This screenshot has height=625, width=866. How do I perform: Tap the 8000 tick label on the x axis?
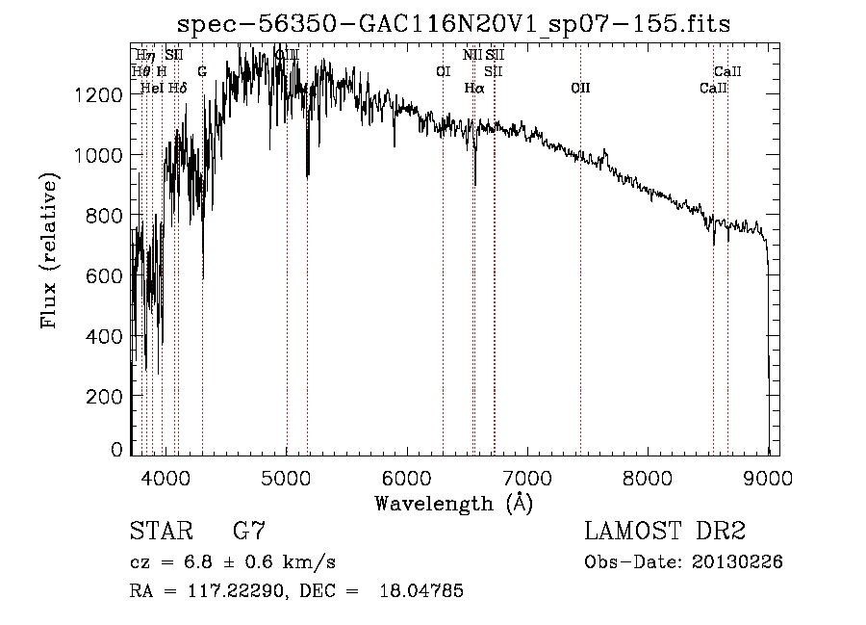coord(648,477)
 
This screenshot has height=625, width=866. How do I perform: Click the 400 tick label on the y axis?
coord(110,336)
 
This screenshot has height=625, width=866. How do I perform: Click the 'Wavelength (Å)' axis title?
coord(453,503)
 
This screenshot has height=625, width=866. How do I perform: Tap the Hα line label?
coord(473,88)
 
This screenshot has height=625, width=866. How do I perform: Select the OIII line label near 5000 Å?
coord(287,55)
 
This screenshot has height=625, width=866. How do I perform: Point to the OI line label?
coord(443,71)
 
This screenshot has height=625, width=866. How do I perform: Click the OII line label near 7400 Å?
coord(580,88)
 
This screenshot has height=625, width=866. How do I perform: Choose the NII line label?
coord(471,55)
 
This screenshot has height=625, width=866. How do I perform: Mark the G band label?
coord(202,71)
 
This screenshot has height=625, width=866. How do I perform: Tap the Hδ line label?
coord(178,88)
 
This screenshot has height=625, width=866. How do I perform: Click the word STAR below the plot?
coord(160,532)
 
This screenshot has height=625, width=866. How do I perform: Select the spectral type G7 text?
coord(248,532)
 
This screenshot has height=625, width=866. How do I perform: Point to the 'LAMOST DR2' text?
coord(666,532)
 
